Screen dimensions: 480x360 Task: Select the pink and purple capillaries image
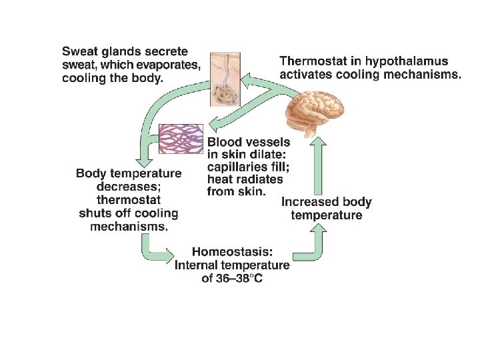(x=181, y=139)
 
